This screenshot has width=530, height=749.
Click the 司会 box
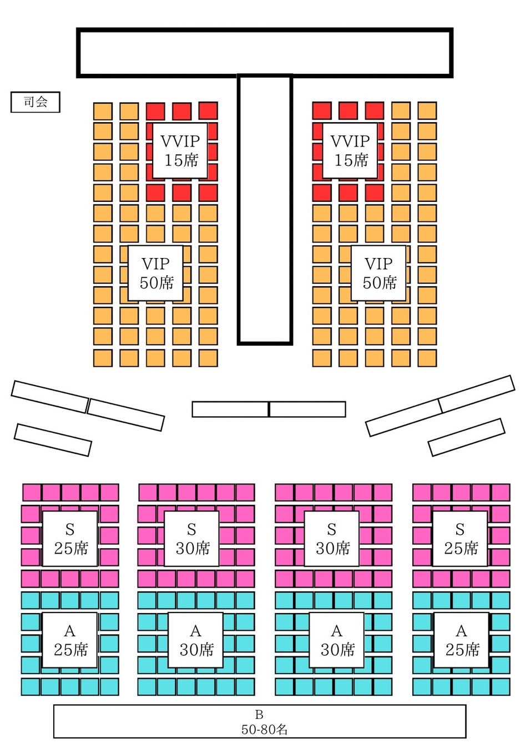click(35, 102)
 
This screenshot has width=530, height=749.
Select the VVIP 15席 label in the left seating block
click(180, 150)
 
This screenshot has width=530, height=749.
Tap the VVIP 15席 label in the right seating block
click(350, 150)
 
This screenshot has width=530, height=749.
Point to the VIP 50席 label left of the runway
click(157, 273)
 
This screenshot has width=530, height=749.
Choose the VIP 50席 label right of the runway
click(379, 273)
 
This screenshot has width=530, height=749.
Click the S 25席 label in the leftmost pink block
click(70, 539)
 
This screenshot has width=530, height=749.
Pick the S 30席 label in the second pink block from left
click(192, 539)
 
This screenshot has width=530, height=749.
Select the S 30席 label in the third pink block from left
click(332, 539)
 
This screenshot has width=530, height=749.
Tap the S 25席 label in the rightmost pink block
click(460, 539)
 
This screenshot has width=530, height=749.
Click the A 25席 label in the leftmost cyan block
click(70, 640)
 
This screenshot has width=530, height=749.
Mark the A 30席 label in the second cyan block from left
click(196, 640)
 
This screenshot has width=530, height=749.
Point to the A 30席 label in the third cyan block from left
click(337, 640)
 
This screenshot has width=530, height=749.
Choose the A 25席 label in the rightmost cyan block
click(462, 640)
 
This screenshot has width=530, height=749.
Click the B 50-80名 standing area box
click(259, 721)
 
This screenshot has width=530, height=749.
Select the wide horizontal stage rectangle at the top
click(264, 52)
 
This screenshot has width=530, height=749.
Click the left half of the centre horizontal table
click(230, 409)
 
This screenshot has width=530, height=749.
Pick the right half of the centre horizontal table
click(307, 409)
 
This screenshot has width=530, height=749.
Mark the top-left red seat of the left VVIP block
click(155, 111)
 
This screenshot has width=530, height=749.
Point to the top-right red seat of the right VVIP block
click(374, 111)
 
